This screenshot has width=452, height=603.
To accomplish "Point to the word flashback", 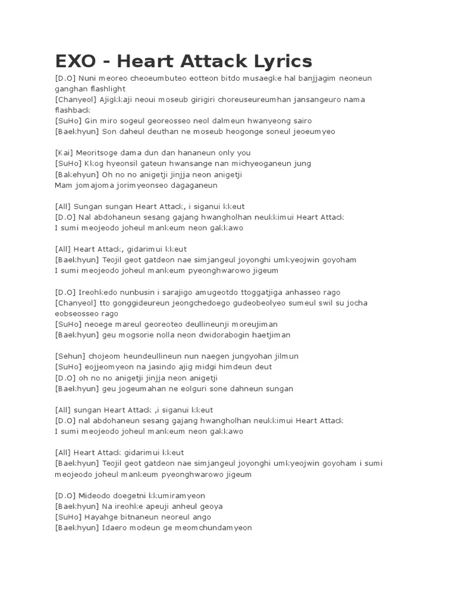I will (73, 110).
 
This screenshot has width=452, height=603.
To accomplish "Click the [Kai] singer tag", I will (65, 153).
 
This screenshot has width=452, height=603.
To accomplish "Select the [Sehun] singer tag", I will (70, 356).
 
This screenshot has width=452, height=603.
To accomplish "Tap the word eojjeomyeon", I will (110, 367).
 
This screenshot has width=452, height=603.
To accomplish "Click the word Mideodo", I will (97, 495).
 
